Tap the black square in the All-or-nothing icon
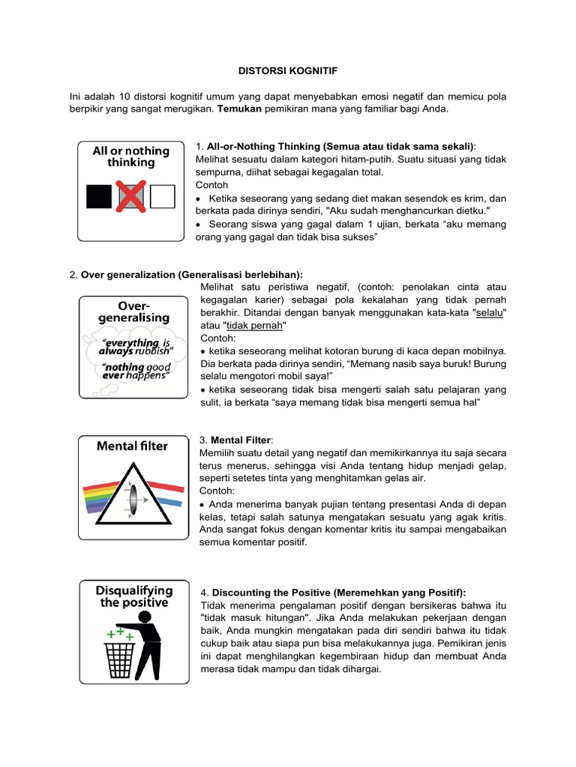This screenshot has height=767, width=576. tap(99, 196)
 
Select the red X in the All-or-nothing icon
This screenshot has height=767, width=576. tap(130, 196)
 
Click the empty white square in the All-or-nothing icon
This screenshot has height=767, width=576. tap(162, 196)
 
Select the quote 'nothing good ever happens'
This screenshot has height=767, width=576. tap(136, 371)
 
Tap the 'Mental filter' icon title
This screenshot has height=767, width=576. tap(132, 446)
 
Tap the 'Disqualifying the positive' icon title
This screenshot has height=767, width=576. tap(132, 596)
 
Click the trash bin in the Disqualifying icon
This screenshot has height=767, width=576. tap(118, 657)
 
